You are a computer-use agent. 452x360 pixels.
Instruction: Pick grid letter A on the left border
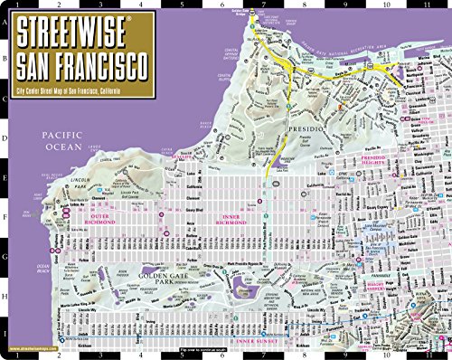6,24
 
